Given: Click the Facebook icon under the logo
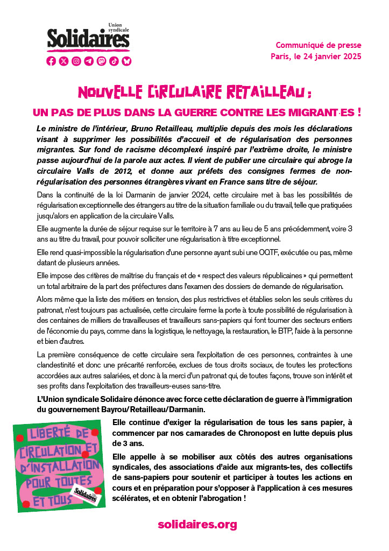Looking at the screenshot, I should [51, 61].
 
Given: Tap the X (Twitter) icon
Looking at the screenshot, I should [64, 61].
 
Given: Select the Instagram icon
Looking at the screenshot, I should [76, 61].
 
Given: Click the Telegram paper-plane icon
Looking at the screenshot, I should [89, 61].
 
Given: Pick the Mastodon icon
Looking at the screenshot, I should [101, 61].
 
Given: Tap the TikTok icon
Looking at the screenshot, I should [114, 61].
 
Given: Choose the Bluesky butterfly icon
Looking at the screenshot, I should [126, 61].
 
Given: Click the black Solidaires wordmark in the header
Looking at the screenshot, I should [88, 39].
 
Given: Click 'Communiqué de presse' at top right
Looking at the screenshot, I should [319, 45].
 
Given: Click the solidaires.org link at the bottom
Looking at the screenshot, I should [197, 524].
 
